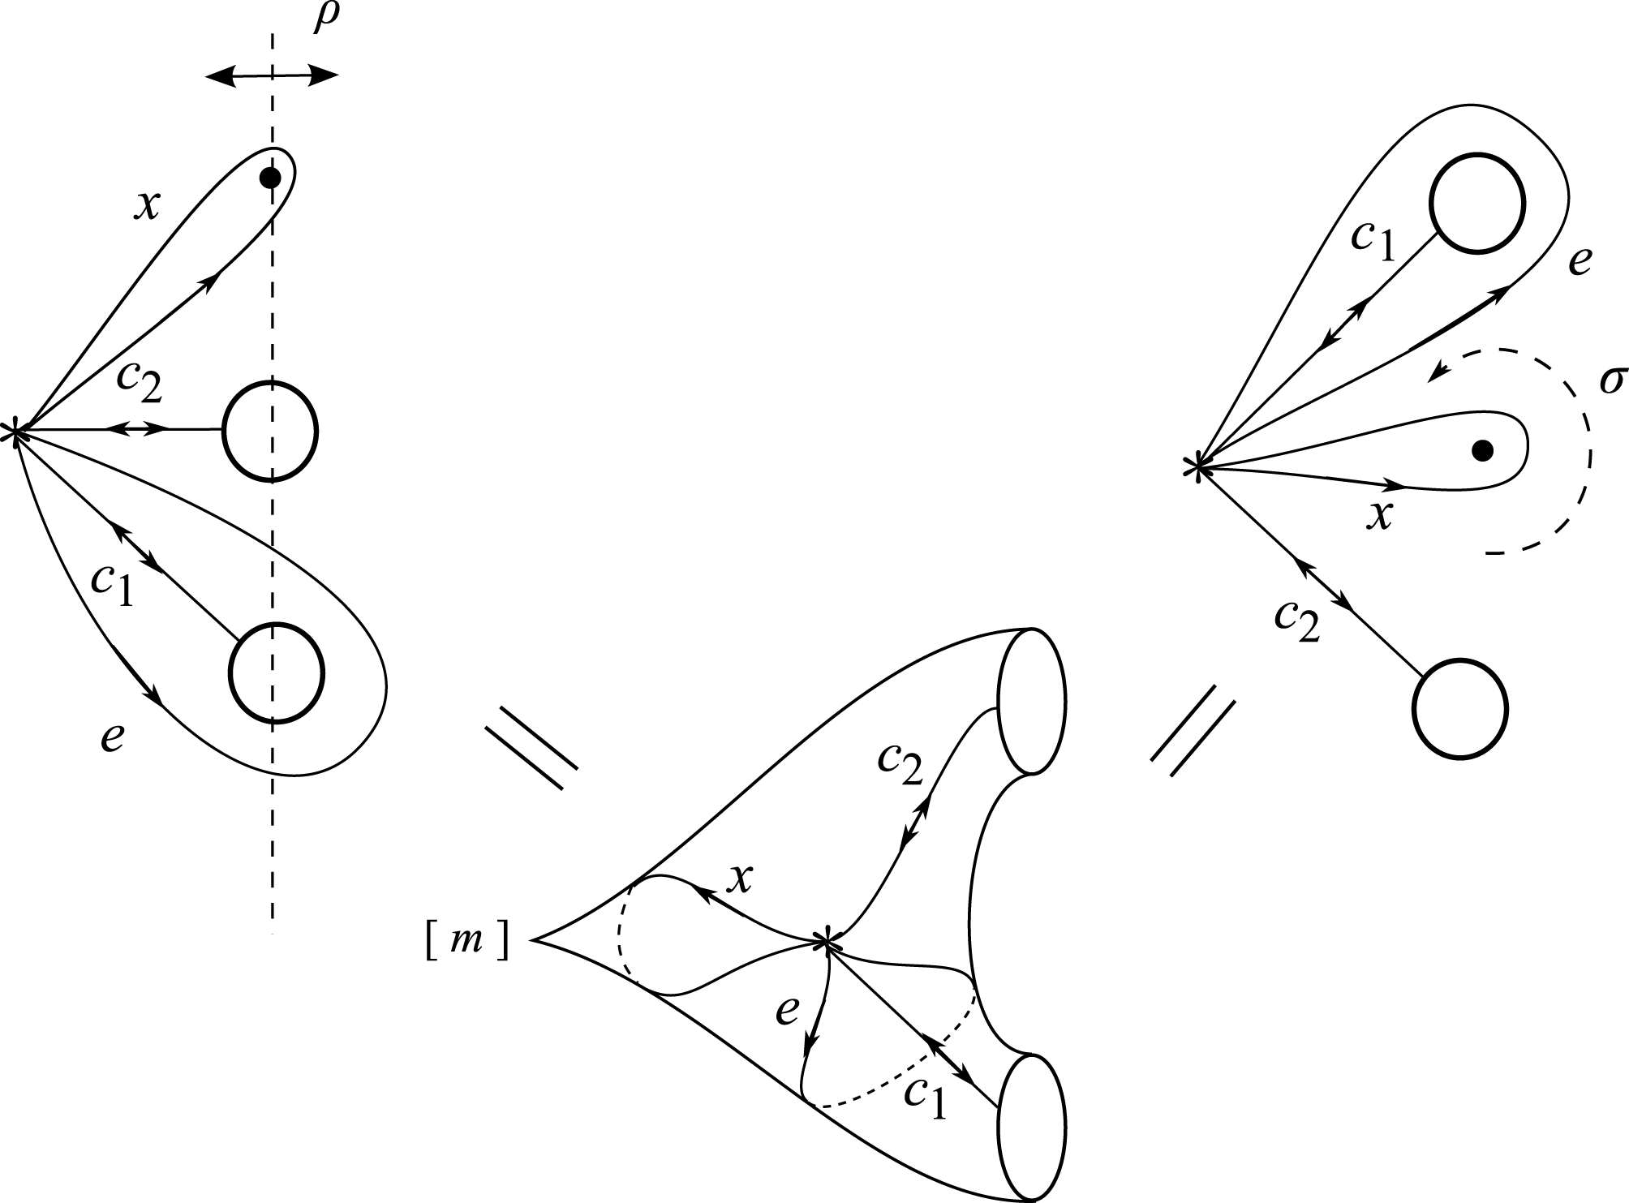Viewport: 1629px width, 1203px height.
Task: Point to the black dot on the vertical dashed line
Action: (x=272, y=178)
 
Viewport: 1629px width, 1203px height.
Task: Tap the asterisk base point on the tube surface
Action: (x=825, y=941)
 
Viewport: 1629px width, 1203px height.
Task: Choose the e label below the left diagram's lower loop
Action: (x=112, y=737)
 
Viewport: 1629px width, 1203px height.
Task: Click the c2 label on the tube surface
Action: (x=900, y=763)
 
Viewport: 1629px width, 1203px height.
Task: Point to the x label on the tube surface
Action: (x=737, y=878)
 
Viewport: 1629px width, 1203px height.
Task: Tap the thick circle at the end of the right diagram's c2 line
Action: (x=1459, y=708)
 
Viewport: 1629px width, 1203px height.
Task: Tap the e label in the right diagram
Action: (x=1579, y=262)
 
